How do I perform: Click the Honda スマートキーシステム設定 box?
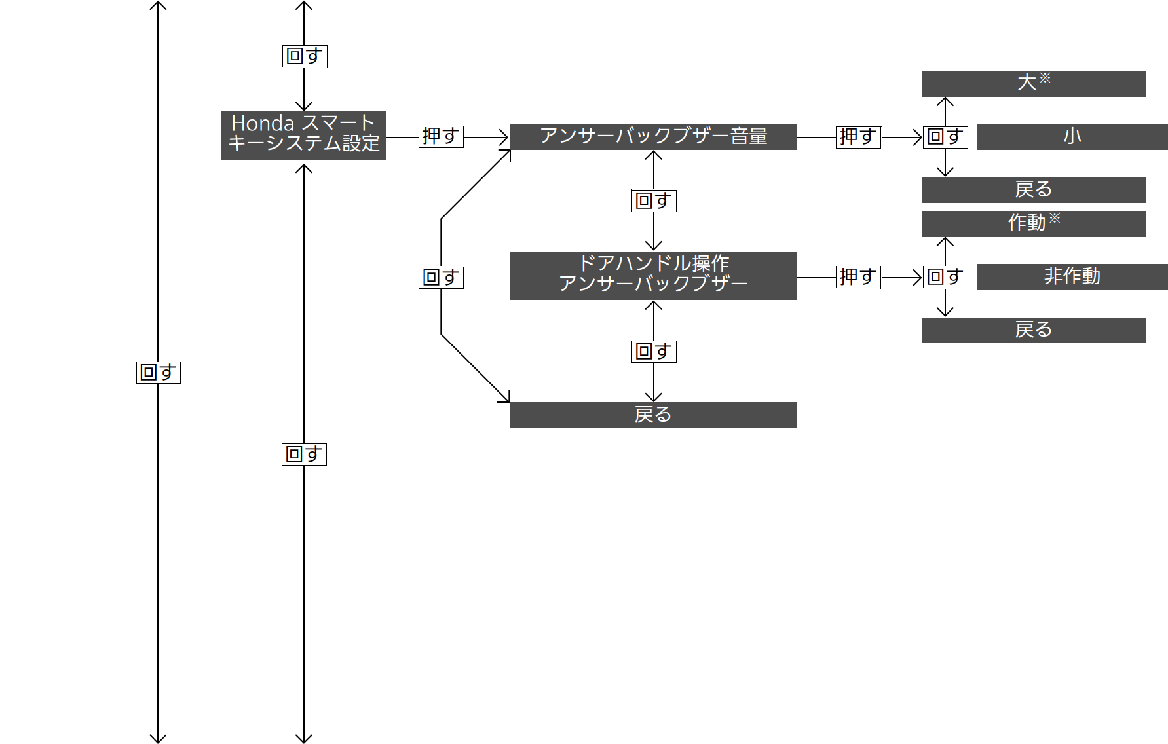[304, 136]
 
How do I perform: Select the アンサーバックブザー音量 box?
[654, 137]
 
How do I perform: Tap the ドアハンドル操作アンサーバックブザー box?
[654, 276]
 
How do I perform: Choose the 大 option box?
[1034, 84]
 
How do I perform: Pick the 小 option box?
[1072, 137]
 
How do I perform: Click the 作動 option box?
[1034, 224]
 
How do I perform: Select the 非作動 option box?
[1072, 277]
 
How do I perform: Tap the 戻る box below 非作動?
[1034, 330]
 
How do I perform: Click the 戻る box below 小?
[1034, 190]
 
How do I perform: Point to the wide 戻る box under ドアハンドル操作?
[654, 415]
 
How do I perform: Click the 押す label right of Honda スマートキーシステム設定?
[441, 136]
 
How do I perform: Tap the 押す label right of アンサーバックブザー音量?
[858, 137]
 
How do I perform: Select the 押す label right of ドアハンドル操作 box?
[858, 277]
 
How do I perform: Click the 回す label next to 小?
[945, 137]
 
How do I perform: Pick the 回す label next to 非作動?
[945, 277]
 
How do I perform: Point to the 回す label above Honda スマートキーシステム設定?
[305, 56]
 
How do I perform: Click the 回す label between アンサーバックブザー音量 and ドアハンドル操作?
[654, 201]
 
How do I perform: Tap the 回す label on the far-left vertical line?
[158, 373]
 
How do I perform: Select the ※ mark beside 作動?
[1055, 218]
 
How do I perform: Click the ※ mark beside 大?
[1045, 78]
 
